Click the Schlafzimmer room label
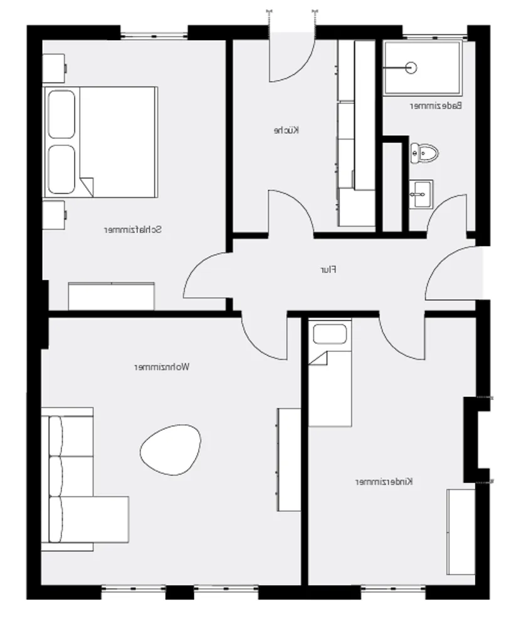133,230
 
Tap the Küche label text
287,130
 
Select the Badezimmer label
436,106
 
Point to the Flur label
329,270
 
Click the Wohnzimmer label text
162,367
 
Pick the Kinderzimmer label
384,481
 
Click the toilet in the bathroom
424,153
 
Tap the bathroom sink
421,194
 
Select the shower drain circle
411,68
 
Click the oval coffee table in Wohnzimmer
171,449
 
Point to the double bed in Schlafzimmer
100,142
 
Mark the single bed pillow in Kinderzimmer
330,334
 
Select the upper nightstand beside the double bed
54,68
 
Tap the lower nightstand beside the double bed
54,215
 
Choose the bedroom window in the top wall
154,36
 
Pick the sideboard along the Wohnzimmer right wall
288,459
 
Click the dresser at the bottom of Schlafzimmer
111,296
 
